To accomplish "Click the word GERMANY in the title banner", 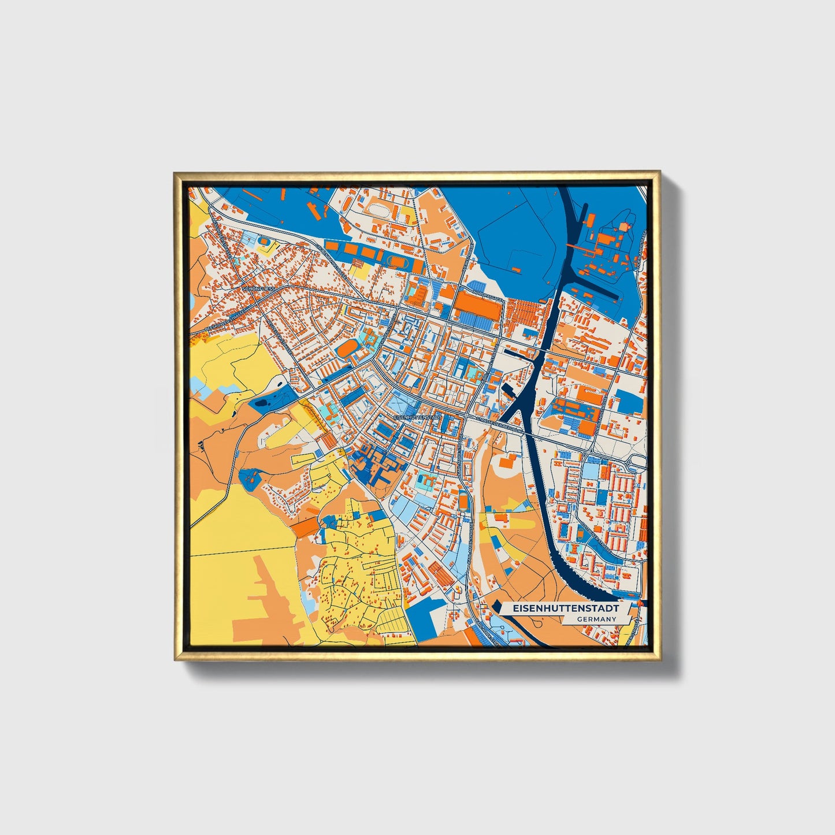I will click(596, 619).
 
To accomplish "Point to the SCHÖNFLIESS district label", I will click(258, 287).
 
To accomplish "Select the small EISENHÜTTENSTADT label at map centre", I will click(417, 417).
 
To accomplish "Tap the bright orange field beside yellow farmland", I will click(307, 525).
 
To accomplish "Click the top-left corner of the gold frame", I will click(175, 173).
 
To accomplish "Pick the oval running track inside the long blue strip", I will click(398, 261).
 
